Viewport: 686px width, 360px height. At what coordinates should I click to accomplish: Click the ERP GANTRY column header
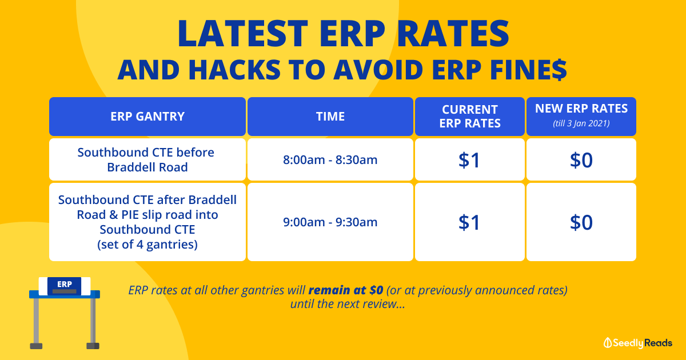147,117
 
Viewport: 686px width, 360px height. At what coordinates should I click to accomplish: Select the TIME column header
330,117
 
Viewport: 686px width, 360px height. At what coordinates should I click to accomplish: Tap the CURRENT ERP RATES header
470,117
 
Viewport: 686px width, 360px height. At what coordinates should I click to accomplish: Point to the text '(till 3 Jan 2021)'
581,123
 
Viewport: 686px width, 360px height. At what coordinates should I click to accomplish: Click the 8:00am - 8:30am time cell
330,160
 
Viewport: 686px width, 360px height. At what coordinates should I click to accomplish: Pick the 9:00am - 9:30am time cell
330,222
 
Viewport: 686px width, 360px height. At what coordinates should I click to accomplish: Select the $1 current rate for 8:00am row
469,160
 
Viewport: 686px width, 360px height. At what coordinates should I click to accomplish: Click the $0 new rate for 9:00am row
581,222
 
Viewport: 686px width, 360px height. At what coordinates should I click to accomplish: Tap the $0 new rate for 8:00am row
581,160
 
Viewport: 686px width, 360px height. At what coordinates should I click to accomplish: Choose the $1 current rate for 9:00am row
469,222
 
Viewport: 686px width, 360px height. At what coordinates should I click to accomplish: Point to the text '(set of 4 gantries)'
147,245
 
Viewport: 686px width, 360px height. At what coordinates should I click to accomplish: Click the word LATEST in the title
242,33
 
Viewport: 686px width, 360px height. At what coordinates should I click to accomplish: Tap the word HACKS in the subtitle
234,70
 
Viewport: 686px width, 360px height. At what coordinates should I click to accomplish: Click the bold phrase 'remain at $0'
346,290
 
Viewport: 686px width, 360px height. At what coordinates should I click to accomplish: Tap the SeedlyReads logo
638,343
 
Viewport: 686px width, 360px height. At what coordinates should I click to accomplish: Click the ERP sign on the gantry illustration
64,286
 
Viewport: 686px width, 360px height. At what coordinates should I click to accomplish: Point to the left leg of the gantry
36,323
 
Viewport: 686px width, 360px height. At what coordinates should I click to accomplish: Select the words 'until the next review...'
348,304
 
